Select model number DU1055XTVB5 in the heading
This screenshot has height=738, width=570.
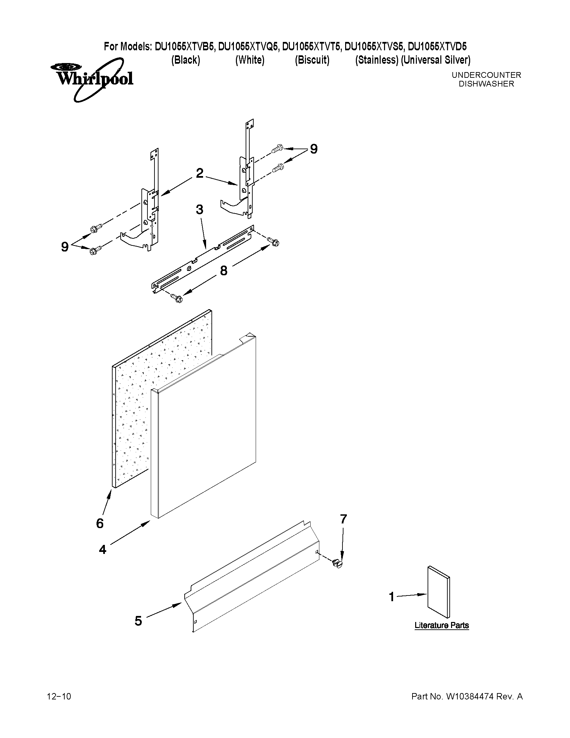184,47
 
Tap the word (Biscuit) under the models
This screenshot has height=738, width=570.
312,60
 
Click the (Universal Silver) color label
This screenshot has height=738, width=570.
436,60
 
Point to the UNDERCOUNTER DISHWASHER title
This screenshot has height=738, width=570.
486,79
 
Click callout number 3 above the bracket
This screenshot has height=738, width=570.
200,210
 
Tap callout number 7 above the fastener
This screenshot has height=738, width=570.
343,519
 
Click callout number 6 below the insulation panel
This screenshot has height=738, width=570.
100,523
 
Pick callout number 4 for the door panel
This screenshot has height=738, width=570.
103,550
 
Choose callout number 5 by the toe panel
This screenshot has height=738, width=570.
138,621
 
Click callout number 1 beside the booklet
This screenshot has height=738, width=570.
392,597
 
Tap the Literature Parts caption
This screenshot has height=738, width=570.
441,625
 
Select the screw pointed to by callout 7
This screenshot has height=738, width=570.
337,563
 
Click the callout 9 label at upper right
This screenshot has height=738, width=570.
314,149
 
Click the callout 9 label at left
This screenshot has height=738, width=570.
65,247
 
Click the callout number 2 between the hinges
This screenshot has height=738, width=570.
200,173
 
